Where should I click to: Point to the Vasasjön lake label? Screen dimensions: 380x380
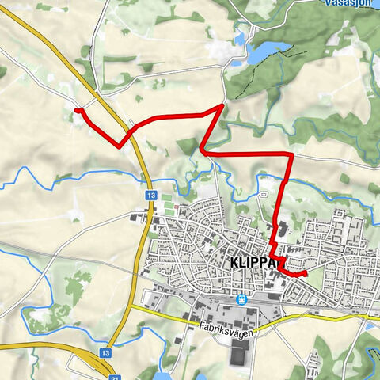coord(350,2)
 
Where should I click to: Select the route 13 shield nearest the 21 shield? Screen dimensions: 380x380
coord(105,353)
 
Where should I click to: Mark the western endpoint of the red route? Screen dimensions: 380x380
coord(76,110)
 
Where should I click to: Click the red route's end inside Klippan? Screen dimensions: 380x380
coord(304,273)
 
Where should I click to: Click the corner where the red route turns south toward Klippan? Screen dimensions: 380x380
coord(291,154)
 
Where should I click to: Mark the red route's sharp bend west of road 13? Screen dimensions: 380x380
coord(120,145)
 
